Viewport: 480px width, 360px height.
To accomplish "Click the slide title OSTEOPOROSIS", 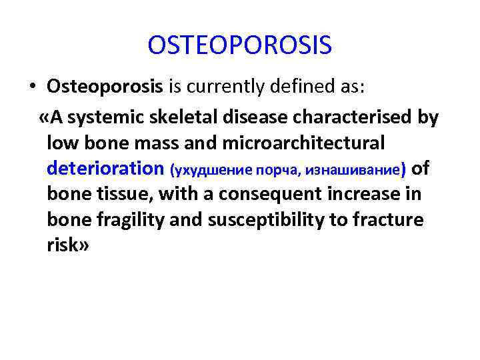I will pyautogui.click(x=240, y=46).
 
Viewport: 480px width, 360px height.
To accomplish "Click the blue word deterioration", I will pyautogui.click(x=105, y=169).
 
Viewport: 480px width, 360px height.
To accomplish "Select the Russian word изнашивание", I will pyautogui.click(x=356, y=170).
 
